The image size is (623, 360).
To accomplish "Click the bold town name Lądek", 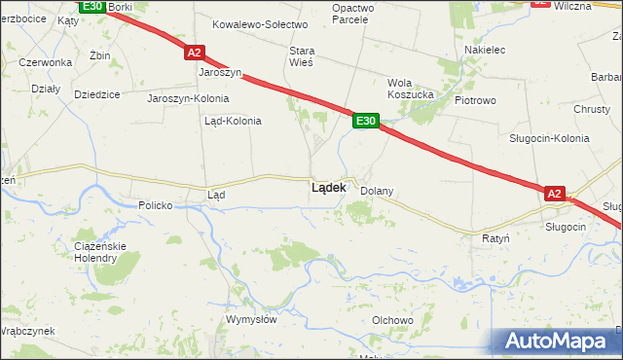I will pos(328,188).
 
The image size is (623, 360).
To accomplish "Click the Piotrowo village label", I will pos(475,100).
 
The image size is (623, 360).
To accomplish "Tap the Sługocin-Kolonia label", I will pos(549,138).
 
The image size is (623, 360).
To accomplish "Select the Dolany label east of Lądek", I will pos(377,192).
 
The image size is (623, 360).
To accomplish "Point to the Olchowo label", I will pos(392,320).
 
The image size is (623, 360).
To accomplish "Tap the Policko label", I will pos(155,205).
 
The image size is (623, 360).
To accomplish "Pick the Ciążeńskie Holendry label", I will pos(95,252).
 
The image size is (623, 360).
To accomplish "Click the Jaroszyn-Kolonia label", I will pos(188,98).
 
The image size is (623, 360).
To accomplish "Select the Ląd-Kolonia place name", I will pos(232,122).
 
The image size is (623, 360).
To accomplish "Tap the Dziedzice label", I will pos(96,94).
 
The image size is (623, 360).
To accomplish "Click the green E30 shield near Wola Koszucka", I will pos(365,120).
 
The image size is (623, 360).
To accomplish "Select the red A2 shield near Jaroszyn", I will pos(194,53).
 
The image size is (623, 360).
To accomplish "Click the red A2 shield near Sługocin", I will pos(554,195).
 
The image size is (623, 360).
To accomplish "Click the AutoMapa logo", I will pos(559,341).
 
